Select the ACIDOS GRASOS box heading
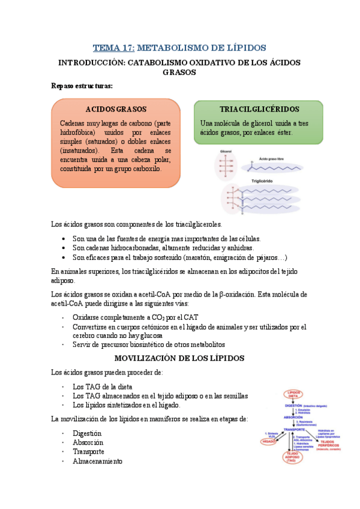pyautogui.click(x=116, y=109)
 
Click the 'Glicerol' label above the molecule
pyautogui.click(x=226, y=151)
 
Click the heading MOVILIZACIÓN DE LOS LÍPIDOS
pyautogui.click(x=179, y=358)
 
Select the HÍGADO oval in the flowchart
pyautogui.click(x=269, y=441)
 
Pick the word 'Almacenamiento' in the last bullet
pyautogui.click(x=97, y=462)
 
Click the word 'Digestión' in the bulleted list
pyautogui.click(x=87, y=433)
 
